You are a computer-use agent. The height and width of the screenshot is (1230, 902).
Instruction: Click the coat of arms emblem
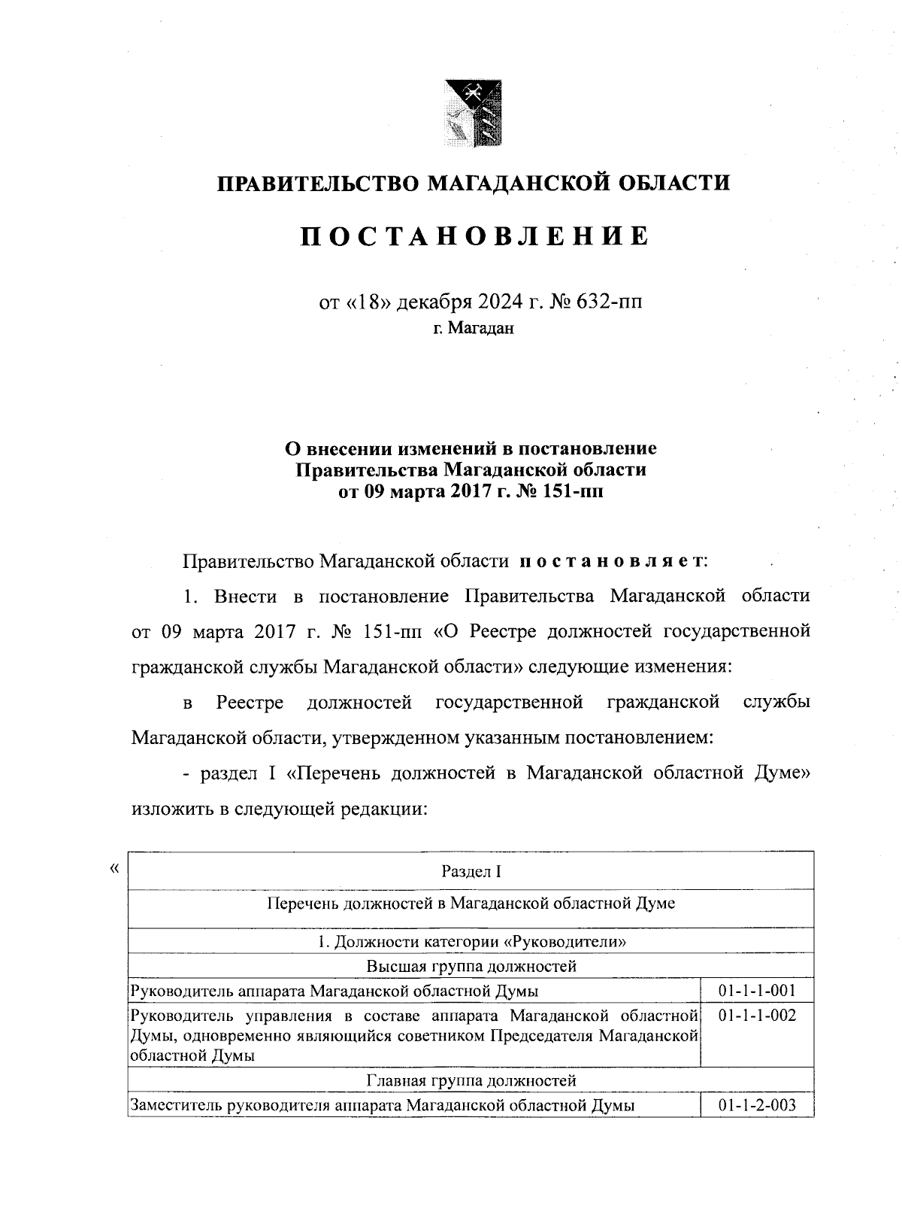click(472, 114)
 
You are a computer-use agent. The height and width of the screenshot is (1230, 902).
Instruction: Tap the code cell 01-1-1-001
click(757, 990)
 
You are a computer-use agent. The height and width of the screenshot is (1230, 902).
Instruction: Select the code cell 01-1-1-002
click(757, 1016)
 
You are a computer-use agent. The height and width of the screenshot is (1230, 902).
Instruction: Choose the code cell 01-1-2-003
click(757, 1105)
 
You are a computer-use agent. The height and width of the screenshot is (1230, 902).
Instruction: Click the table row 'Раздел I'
click(471, 871)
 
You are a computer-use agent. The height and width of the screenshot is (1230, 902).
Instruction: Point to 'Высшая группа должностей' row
click(471, 965)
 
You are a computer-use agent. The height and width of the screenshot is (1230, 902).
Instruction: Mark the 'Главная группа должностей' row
click(471, 1080)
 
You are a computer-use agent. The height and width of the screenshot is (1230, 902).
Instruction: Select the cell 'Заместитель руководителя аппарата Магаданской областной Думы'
click(383, 1105)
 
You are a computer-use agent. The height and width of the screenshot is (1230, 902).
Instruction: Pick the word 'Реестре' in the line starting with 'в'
click(250, 703)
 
